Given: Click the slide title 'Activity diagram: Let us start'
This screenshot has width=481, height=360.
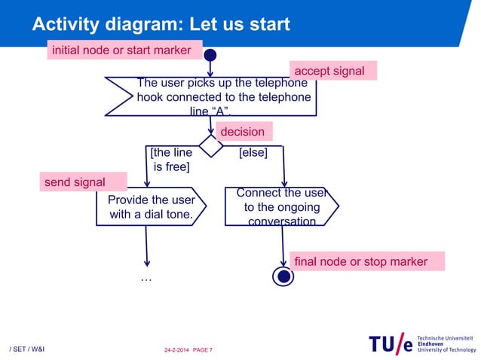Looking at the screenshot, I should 161,24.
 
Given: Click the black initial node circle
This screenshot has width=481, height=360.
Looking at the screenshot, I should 210,54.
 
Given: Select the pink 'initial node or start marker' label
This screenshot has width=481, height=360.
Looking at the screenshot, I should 126,50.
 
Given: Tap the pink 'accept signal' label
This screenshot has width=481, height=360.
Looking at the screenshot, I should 333,71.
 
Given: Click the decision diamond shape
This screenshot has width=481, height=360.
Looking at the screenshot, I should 210,145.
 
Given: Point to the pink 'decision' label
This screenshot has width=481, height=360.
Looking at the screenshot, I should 243,132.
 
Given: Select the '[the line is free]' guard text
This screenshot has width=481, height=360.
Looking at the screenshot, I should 171,160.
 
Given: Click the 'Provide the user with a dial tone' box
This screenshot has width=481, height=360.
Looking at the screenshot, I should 151,207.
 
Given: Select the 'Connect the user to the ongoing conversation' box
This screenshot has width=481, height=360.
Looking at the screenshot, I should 281,207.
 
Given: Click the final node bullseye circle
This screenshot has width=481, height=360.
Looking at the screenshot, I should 283,276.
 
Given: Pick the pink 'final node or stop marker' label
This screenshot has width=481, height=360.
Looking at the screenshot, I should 360,261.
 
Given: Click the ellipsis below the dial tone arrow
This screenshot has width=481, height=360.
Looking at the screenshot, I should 146,279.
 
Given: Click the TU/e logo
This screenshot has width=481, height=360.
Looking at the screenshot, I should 391,344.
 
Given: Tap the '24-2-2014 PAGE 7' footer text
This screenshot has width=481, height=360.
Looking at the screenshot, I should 188,350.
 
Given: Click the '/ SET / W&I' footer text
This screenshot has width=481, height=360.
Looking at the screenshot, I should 26,350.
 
